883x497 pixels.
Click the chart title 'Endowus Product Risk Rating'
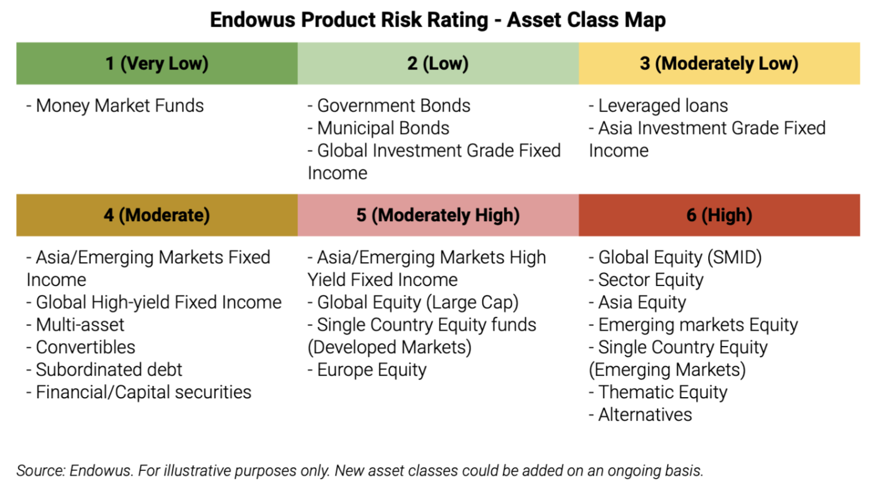point(349,20)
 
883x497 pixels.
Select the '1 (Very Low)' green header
point(157,64)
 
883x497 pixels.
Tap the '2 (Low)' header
point(438,64)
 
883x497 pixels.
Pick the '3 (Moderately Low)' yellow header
point(719,64)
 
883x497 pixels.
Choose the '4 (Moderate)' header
point(157,215)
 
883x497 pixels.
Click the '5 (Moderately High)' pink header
point(438,215)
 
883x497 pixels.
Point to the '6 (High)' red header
point(719,215)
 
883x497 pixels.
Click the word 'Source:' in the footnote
point(40,471)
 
